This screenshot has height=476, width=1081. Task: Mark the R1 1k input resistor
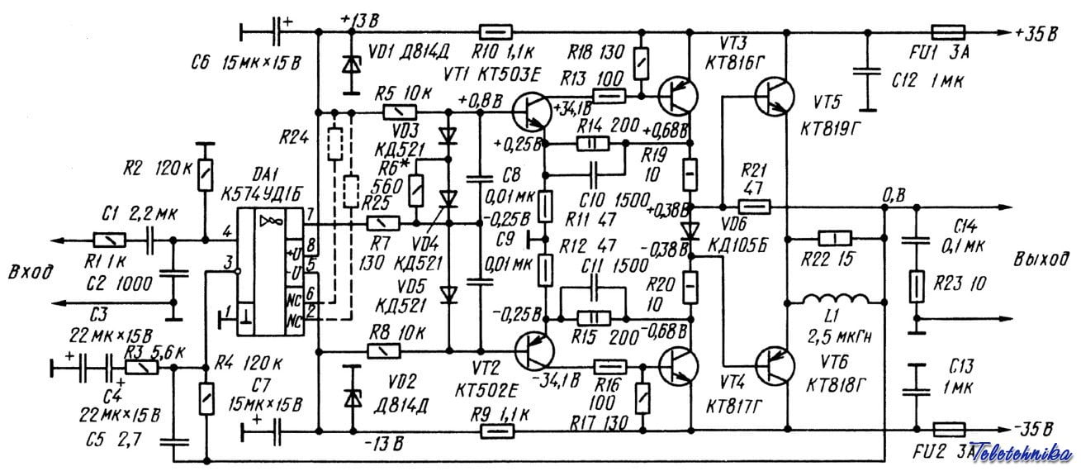coord(109,240)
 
